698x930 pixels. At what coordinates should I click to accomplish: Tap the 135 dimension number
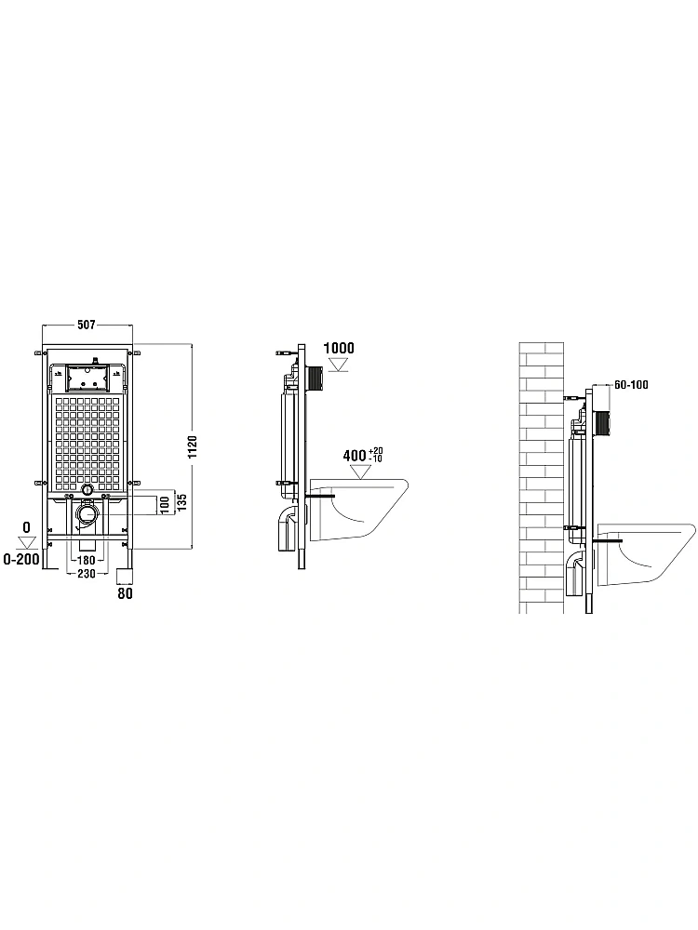point(182,503)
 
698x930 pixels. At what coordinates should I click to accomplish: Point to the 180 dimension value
point(87,561)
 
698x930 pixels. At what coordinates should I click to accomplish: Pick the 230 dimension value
point(87,574)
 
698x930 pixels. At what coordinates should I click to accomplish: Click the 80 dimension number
point(125,592)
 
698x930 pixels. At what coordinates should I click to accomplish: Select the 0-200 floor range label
point(21,559)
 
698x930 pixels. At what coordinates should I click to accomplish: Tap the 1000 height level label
point(339,348)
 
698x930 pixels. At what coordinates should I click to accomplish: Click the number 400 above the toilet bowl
point(355,456)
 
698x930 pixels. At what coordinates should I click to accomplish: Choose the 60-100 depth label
point(631,385)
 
